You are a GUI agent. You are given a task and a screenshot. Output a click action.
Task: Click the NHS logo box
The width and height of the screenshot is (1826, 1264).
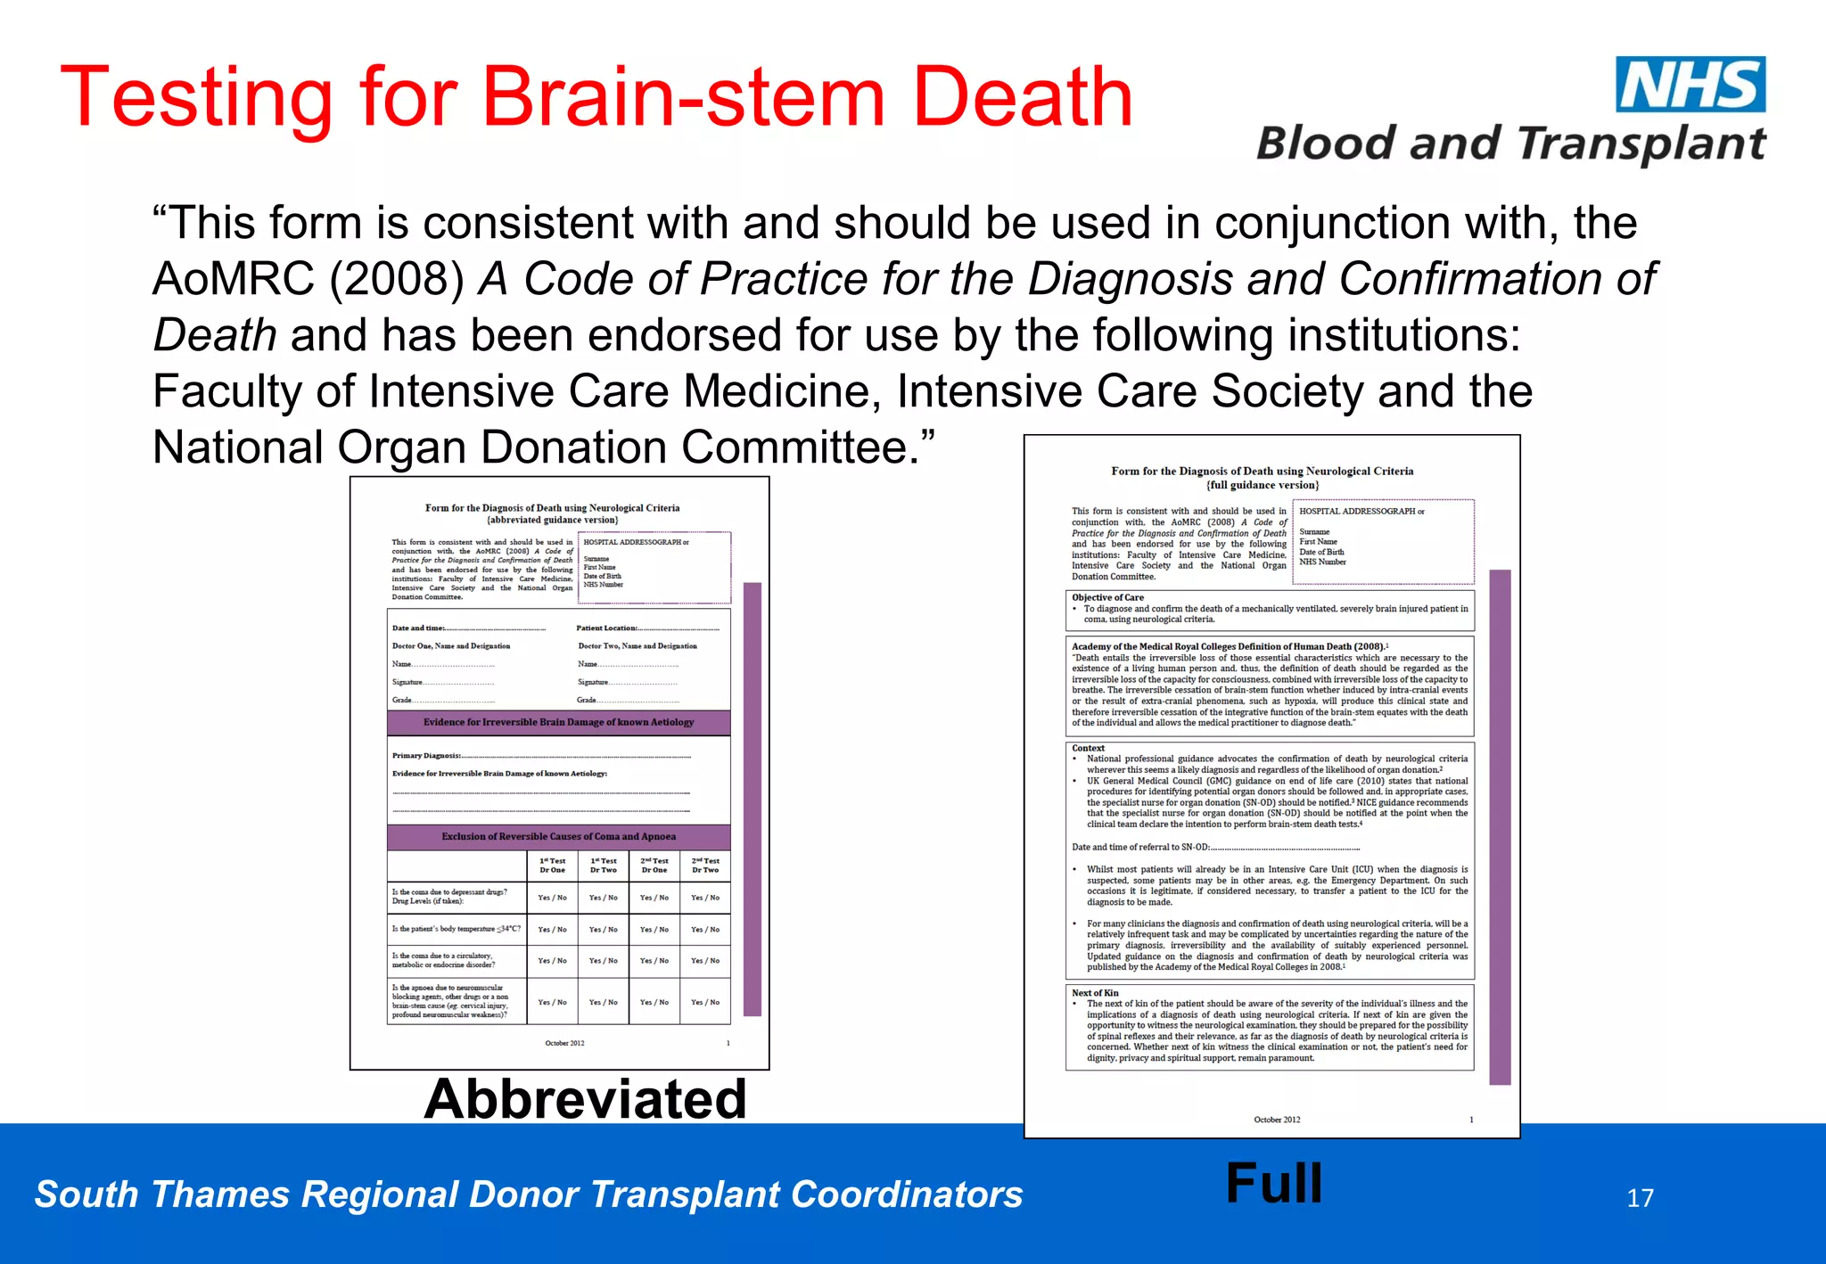pos(1690,85)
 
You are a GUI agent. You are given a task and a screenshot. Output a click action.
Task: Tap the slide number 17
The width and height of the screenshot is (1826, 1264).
pos(1640,1197)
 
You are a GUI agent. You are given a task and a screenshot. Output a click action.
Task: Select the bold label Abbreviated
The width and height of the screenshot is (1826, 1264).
pos(585,1098)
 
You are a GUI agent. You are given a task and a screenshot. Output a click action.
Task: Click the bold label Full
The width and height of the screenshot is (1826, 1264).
pos(1273,1183)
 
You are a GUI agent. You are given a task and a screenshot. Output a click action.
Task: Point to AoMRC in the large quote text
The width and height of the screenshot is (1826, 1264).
pos(234,279)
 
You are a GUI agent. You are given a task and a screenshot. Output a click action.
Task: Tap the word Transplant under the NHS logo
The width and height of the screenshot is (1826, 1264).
pos(1641,144)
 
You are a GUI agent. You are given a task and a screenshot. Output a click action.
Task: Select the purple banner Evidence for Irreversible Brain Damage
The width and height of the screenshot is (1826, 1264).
pos(558,722)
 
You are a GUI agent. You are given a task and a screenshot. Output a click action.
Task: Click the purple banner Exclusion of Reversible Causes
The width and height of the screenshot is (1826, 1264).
pos(558,836)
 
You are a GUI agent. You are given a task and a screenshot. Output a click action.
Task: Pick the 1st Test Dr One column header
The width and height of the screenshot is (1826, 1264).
pos(552,866)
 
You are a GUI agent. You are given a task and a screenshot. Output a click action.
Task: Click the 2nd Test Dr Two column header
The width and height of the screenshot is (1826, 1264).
pos(705,866)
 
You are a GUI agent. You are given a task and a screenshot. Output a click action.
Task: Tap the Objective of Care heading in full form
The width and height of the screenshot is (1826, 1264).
pos(1107,597)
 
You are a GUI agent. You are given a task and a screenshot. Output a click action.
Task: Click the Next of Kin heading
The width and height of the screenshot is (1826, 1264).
pos(1095,992)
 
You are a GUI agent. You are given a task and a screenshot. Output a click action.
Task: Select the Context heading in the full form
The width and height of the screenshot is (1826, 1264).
pos(1088,748)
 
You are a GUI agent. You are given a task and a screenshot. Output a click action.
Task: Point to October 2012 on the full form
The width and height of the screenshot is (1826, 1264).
pos(1277,1120)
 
